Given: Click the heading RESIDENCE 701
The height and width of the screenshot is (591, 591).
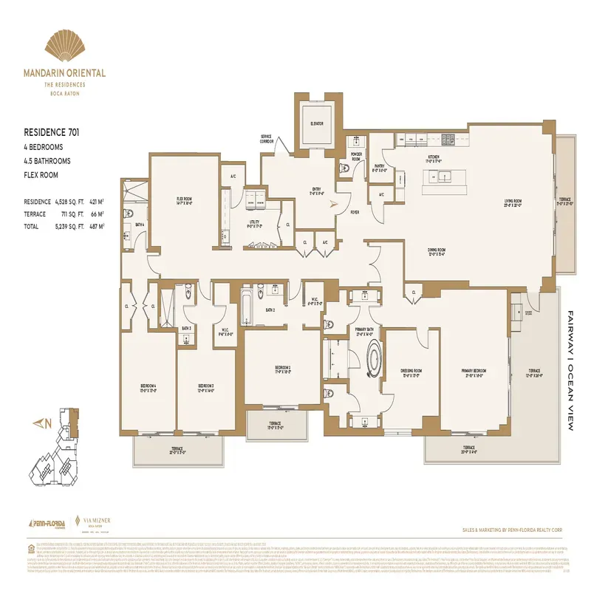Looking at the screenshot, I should [52, 134].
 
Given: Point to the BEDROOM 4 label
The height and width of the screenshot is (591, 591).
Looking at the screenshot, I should [147, 388].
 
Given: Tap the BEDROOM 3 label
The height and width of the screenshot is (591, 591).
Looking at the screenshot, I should [205, 388].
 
